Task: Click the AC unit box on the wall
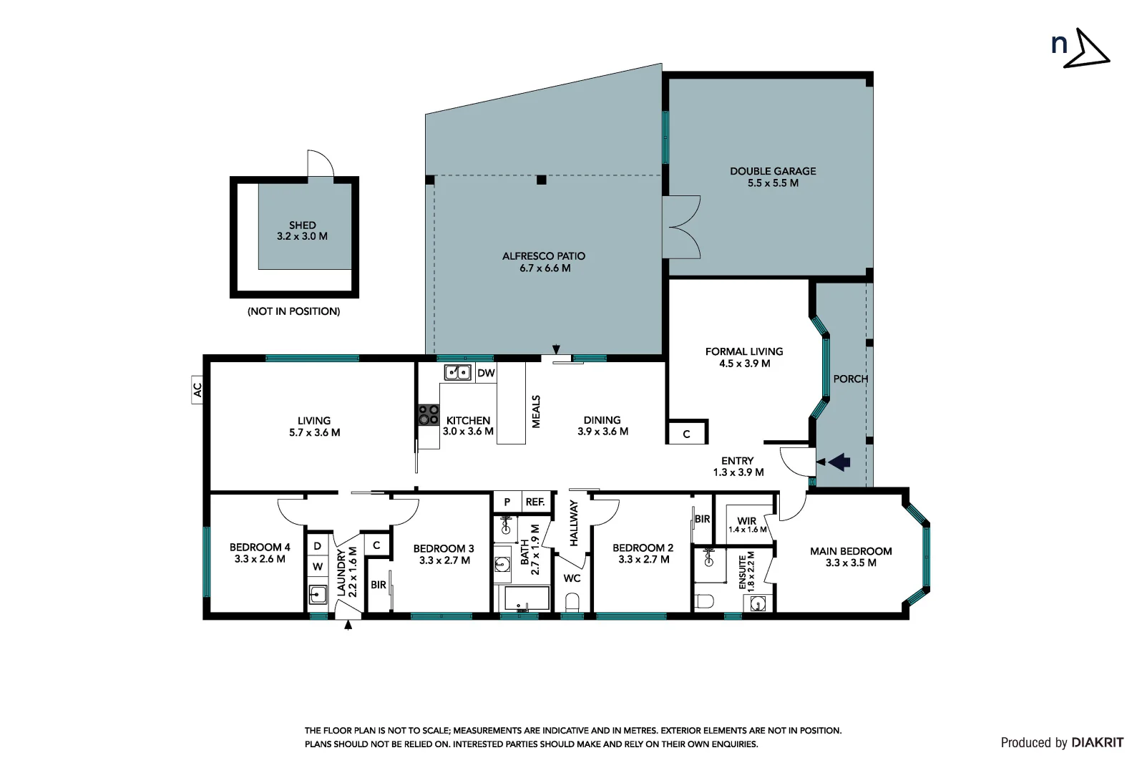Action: coord(197,390)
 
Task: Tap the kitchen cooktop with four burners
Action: coord(429,415)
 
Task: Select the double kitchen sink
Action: coord(458,372)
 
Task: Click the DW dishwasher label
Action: coord(486,373)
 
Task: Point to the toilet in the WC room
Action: coord(572,603)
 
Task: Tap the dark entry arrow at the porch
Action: coord(839,462)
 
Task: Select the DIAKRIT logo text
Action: coord(1097,743)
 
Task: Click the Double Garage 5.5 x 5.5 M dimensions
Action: coord(773,183)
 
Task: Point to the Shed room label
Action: coord(303,225)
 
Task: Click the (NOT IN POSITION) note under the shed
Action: coord(293,311)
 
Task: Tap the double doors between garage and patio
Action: coord(681,228)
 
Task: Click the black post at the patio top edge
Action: coord(542,180)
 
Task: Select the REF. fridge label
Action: coord(535,502)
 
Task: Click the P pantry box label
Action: coord(507,502)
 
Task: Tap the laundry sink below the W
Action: coord(318,594)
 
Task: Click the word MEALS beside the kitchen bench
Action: coord(537,412)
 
